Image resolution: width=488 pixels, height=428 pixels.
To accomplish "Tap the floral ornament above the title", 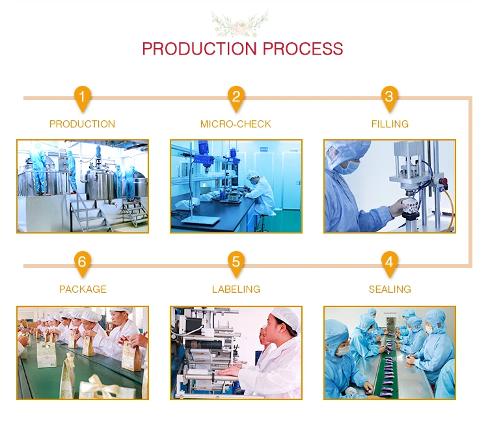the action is click(x=243, y=22).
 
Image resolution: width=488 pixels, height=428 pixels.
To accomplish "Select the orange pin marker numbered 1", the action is click(x=82, y=98).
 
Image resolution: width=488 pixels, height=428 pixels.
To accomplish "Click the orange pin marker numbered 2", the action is click(x=236, y=98).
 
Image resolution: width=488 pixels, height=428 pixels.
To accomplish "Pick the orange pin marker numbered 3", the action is click(x=389, y=98).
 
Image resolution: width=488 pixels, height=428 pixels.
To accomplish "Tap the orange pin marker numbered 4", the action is click(x=389, y=263).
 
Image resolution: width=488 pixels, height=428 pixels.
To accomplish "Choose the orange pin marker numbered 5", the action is click(x=236, y=263).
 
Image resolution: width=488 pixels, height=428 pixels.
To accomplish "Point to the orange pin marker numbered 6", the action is click(x=82, y=263).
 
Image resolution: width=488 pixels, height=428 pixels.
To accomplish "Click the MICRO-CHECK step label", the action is click(x=236, y=124).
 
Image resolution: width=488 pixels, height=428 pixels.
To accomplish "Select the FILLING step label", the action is click(x=390, y=124).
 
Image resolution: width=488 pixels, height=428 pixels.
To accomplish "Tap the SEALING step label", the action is click(x=390, y=289).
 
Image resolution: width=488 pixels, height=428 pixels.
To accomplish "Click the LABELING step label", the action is click(x=236, y=289).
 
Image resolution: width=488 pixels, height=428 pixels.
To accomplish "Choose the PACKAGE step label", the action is click(x=83, y=289).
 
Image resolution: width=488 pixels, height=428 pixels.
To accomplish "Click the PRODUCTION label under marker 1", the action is click(x=82, y=124).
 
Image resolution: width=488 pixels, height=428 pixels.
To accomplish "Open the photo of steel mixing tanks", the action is click(x=83, y=186).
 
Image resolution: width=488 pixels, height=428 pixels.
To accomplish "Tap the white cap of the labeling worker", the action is click(x=286, y=317).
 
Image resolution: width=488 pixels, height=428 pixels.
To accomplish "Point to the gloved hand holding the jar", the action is click(x=399, y=209).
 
